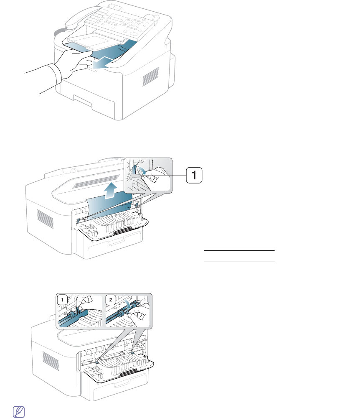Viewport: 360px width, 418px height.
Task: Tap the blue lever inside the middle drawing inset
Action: (x=134, y=171)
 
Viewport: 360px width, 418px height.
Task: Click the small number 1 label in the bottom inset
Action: (x=62, y=300)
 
